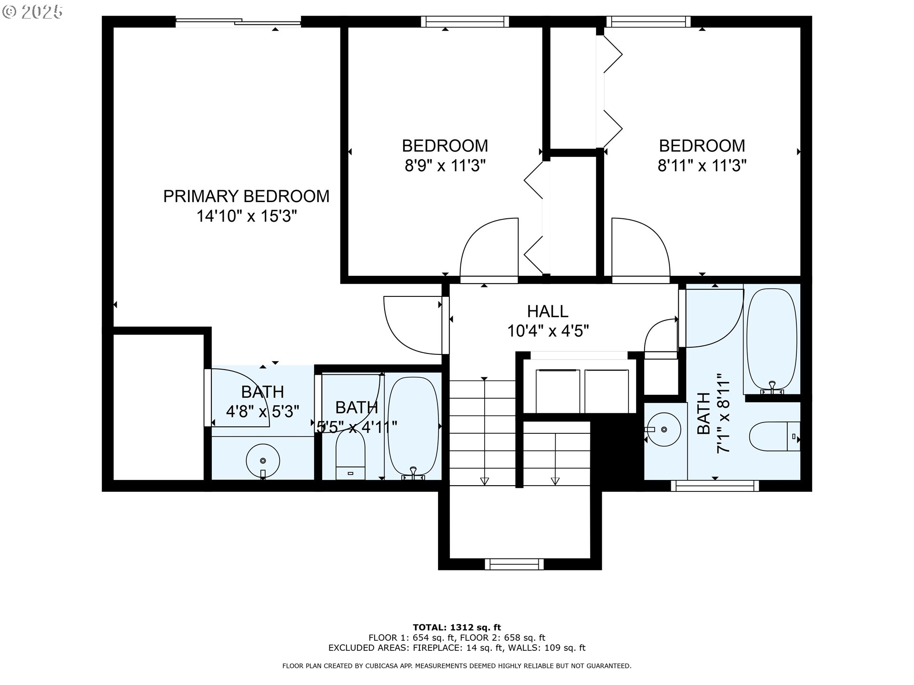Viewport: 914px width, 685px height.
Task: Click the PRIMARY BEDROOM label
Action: tap(246, 196)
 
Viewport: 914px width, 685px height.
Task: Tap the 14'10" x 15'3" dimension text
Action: tap(247, 216)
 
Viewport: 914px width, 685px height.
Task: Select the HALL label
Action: tap(547, 312)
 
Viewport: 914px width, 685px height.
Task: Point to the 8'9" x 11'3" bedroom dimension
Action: tap(445, 166)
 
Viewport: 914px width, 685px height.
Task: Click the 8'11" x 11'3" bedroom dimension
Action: tap(702, 166)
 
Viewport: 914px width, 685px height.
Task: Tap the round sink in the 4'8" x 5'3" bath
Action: tap(263, 460)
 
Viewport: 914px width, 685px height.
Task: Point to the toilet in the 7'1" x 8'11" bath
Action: tap(775, 436)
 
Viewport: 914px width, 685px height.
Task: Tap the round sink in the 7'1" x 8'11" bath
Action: tap(664, 430)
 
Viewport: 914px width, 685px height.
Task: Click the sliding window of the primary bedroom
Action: tap(238, 21)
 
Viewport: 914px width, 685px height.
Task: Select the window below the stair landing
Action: tap(514, 564)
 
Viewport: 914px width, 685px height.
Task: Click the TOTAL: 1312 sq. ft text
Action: tap(457, 627)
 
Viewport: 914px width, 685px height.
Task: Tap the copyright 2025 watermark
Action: tap(33, 12)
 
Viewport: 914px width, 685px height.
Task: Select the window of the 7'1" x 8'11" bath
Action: tap(715, 486)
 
